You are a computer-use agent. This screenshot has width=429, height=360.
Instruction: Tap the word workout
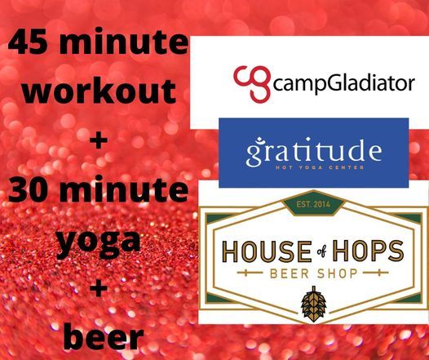click(99, 90)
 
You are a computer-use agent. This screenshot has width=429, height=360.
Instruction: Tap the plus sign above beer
click(99, 288)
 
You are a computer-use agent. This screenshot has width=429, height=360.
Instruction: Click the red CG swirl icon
click(252, 84)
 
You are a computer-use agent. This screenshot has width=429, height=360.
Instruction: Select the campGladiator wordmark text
click(344, 85)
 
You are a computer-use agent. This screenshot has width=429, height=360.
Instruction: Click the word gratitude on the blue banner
click(314, 151)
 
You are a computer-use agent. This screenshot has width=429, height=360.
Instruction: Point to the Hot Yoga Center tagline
click(320, 167)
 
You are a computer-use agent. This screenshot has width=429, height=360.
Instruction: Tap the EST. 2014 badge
click(313, 204)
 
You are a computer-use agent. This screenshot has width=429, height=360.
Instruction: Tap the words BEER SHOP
click(314, 273)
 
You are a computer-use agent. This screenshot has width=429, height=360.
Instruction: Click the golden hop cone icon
click(313, 304)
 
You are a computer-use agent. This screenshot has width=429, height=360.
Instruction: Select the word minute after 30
click(122, 189)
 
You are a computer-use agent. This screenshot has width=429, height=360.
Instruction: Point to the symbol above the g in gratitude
click(255, 140)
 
